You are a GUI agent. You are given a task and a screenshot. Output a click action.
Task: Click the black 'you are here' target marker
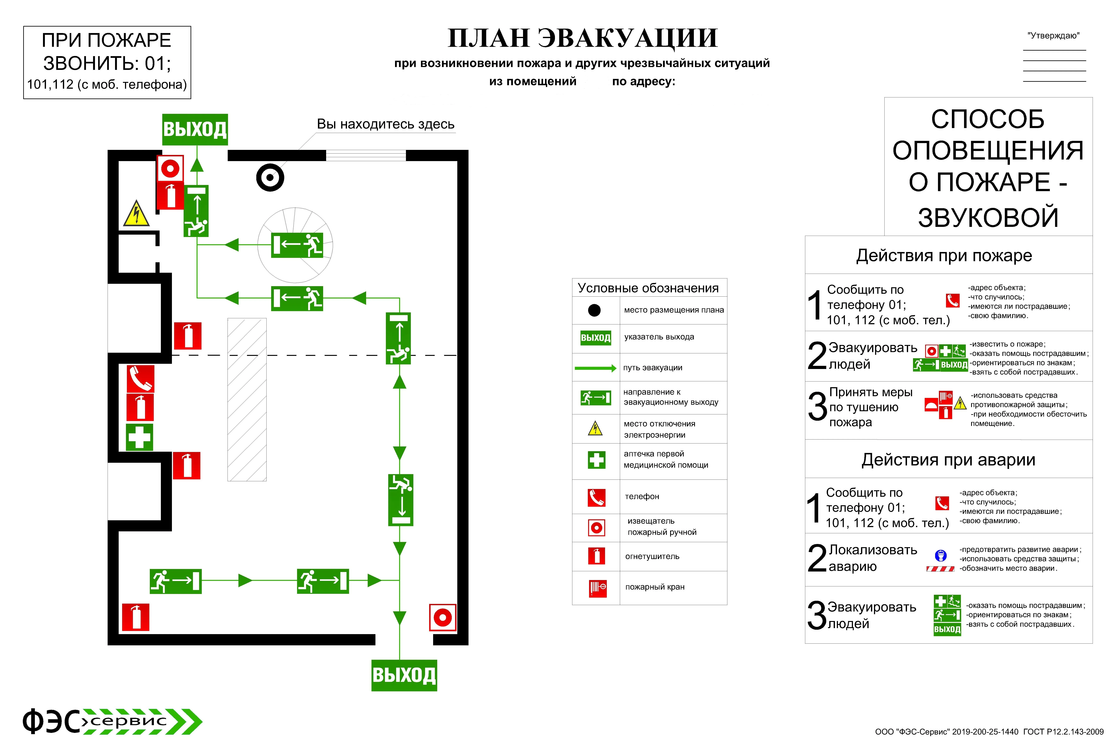click(270, 178)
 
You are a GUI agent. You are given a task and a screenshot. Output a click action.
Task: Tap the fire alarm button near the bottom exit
click(443, 617)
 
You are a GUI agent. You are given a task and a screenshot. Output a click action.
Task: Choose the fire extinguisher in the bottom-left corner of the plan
click(136, 617)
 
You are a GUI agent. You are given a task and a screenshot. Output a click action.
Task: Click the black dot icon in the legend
click(594, 310)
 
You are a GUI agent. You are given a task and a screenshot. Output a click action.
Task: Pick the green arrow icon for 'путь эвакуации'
click(596, 368)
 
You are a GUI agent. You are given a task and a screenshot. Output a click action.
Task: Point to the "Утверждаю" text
click(1053, 36)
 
